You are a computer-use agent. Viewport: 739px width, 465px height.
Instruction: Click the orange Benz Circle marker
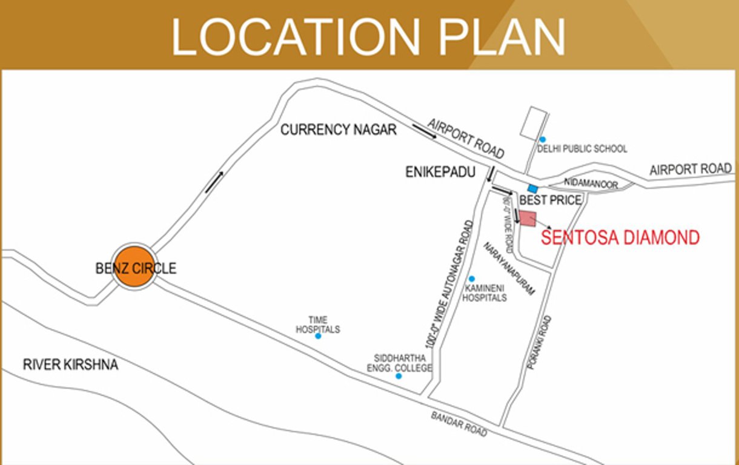pyautogui.click(x=134, y=268)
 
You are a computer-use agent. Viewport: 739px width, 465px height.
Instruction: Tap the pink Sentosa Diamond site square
pyautogui.click(x=528, y=219)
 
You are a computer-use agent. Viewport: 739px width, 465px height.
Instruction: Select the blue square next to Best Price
pyautogui.click(x=532, y=189)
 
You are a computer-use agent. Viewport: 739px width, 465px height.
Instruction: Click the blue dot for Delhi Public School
pyautogui.click(x=543, y=139)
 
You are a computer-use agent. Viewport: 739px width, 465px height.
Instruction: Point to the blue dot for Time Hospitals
pyautogui.click(x=318, y=336)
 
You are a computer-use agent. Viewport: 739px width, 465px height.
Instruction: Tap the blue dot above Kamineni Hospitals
pyautogui.click(x=472, y=279)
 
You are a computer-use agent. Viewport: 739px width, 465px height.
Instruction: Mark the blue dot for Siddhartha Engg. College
pyautogui.click(x=399, y=376)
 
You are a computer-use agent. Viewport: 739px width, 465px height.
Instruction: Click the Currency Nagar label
pyautogui.click(x=338, y=130)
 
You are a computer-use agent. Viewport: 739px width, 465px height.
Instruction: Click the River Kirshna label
pyautogui.click(x=70, y=365)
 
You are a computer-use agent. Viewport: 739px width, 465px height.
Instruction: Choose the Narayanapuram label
pyautogui.click(x=509, y=269)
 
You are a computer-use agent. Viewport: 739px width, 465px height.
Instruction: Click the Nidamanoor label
pyautogui.click(x=591, y=183)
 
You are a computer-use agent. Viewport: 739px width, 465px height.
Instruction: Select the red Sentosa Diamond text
pyautogui.click(x=620, y=237)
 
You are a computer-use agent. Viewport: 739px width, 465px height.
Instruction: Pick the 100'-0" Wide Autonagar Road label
pyautogui.click(x=449, y=284)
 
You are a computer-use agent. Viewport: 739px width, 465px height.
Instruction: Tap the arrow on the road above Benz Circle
pyautogui.click(x=214, y=182)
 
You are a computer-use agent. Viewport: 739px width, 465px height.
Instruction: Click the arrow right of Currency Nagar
pyautogui.click(x=424, y=131)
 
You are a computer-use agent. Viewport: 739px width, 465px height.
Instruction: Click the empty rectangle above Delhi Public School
pyautogui.click(x=534, y=121)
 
